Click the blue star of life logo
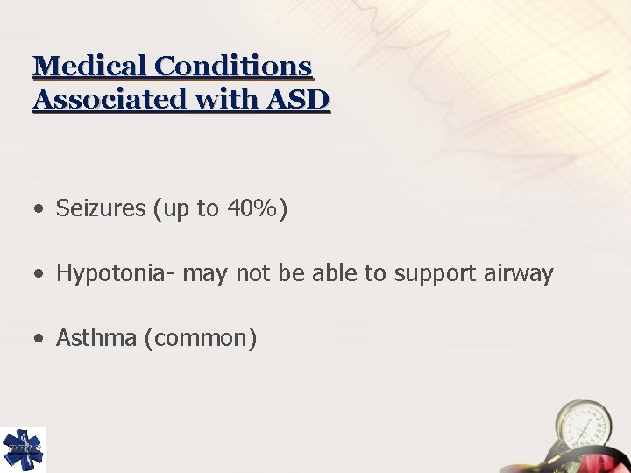click(x=23, y=450)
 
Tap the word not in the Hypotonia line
click(x=253, y=274)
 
